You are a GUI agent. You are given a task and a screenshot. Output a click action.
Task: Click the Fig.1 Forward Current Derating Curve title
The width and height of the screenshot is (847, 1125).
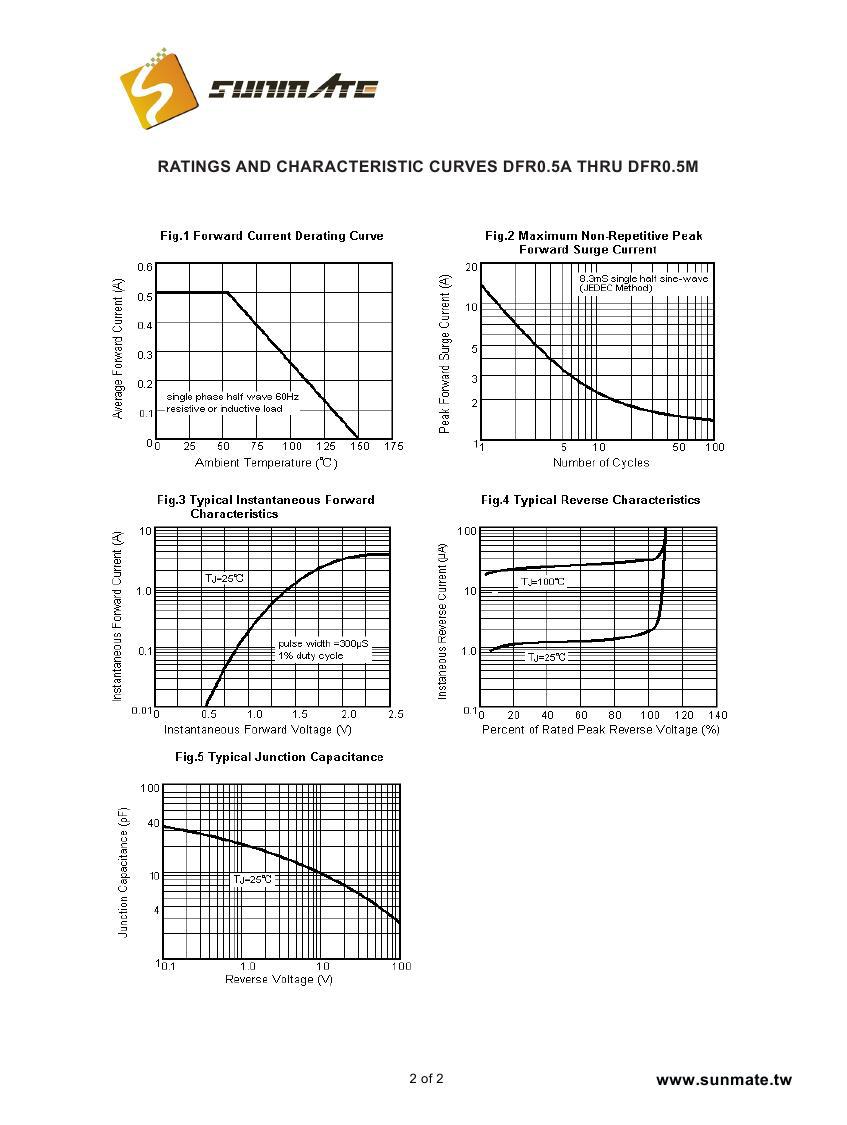coord(271,236)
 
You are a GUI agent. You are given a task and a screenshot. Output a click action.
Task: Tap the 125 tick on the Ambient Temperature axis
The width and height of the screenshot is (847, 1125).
coord(325,446)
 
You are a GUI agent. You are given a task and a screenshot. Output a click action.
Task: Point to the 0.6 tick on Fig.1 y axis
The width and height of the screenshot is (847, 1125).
coord(146,267)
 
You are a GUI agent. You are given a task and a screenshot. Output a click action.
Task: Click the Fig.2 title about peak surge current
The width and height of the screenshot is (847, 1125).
coord(593,242)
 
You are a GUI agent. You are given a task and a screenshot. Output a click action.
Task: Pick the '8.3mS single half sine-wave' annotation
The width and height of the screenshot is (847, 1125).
coord(643,278)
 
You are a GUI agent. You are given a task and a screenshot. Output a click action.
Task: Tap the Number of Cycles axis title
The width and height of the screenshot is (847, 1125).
coord(600,462)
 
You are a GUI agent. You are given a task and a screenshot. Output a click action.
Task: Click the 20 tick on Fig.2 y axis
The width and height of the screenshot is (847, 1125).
coord(472,267)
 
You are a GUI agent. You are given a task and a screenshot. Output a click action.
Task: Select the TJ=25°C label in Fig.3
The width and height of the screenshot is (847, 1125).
coord(224,578)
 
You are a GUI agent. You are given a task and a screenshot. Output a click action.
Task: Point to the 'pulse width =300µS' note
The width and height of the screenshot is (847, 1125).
coord(323,644)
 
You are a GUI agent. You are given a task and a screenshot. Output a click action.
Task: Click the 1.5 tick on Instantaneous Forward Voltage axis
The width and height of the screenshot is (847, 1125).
coord(300,714)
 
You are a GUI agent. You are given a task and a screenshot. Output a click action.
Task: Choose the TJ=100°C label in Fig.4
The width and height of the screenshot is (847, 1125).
coord(542,581)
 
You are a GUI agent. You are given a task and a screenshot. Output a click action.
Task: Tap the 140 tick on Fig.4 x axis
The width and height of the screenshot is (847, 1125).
coord(717,715)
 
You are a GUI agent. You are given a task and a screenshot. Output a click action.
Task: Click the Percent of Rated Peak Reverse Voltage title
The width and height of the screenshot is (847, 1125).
coord(600,730)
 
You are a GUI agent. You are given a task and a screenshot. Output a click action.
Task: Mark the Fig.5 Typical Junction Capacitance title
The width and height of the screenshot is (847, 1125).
coord(279,757)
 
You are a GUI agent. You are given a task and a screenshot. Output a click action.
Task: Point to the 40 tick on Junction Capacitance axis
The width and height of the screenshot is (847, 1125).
coord(153,823)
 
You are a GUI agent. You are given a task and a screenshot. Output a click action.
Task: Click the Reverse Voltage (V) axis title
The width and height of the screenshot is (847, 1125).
coord(279,978)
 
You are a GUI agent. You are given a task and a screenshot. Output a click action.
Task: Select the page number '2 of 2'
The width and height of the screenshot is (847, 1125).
coord(426,1078)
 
